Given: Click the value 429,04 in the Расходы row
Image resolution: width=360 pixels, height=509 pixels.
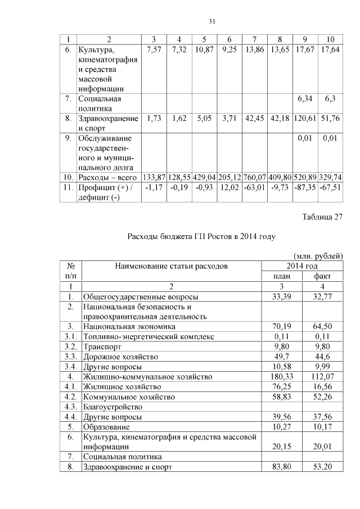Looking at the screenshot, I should coord(204,177).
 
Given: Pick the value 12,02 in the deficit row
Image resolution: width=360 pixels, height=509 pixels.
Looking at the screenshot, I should coord(228,187).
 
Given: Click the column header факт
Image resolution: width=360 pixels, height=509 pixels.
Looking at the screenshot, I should coord(322,276).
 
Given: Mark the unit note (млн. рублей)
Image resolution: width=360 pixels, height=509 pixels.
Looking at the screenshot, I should coord(318,256).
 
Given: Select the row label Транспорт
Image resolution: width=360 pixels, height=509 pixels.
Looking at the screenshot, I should coord(102,346).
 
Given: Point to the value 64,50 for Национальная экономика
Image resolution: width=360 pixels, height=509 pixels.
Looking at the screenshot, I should coord(322,326).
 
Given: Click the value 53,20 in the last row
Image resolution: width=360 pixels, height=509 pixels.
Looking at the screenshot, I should coord(322,467).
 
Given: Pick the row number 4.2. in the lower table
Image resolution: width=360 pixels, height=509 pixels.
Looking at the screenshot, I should coord(71,397).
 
